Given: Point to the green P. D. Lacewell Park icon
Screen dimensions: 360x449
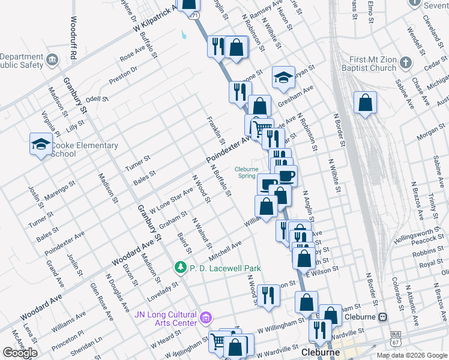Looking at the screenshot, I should tap(179, 267).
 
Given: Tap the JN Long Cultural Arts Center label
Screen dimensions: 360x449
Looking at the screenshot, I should tap(166, 318).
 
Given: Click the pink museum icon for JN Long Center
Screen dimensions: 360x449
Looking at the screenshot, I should tap(206, 317).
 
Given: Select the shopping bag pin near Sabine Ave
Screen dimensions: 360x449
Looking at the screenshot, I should tap(365, 103).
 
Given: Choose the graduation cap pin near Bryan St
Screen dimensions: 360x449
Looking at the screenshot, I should tap(283, 77).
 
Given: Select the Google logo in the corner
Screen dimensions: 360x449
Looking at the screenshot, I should tap(20, 352).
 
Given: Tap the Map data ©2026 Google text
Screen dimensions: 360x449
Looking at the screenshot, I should tap(412, 355).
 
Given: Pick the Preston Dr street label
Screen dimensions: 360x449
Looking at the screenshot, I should tap(123, 76).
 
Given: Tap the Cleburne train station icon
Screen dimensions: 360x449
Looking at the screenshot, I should tap(381, 317).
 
